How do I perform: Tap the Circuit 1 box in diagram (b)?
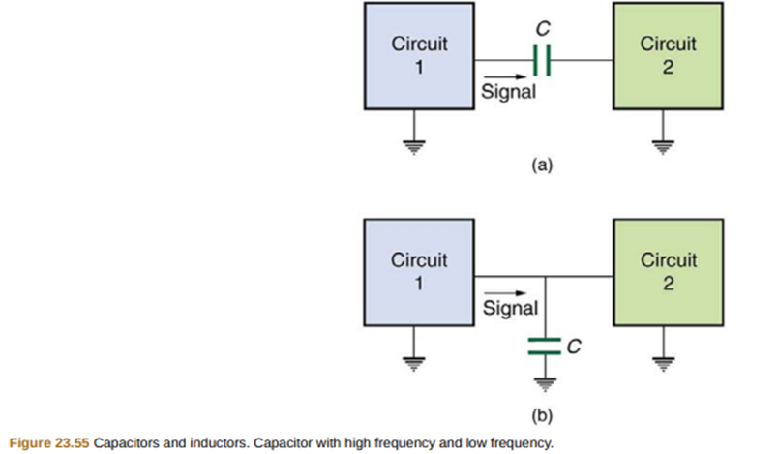[419, 273]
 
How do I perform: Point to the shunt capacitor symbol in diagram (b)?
[546, 346]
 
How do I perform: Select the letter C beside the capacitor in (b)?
[573, 346]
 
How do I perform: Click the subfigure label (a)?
[543, 165]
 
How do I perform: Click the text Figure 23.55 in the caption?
[46, 443]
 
